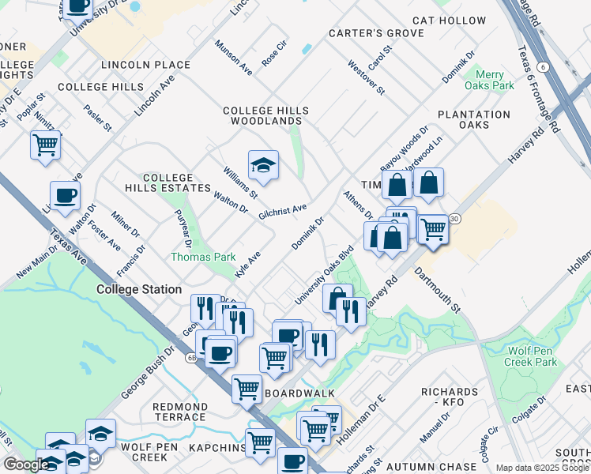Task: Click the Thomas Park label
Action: (203, 257)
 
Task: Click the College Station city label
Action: (139, 289)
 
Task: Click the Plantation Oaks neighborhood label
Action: (474, 119)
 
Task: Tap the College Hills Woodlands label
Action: (265, 116)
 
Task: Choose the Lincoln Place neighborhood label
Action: (145, 64)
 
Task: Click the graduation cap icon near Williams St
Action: (263, 165)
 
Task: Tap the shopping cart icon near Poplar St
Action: (46, 145)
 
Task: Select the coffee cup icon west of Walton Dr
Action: (65, 196)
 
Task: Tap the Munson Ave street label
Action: (233, 59)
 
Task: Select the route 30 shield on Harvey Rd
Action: (454, 218)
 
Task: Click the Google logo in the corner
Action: (25, 465)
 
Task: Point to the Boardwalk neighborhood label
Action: (299, 393)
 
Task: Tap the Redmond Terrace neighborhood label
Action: (179, 411)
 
